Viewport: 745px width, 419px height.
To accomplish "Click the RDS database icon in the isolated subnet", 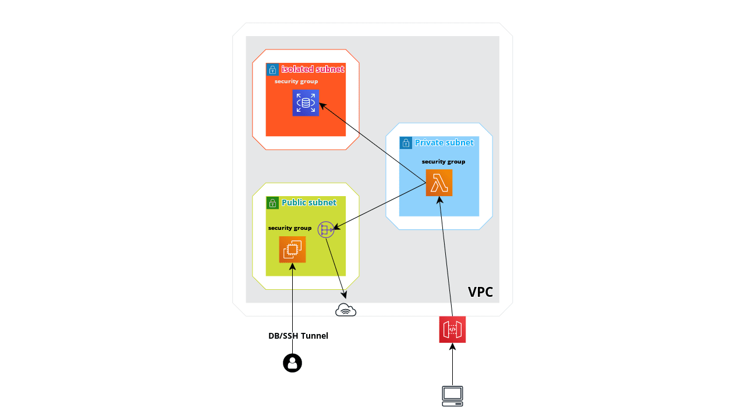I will tap(306, 103).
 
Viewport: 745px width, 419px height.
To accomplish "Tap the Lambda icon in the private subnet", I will tap(439, 183).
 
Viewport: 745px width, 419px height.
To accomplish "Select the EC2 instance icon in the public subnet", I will tap(292, 250).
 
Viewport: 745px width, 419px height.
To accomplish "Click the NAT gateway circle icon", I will tap(326, 230).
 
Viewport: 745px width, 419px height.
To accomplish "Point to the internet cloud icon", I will tap(346, 310).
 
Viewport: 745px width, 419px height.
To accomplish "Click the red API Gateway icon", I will tap(452, 329).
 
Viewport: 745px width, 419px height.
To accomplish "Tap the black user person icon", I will tap(292, 363).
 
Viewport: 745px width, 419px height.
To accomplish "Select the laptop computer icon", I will tap(452, 396).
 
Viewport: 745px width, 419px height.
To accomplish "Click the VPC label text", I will tap(480, 292).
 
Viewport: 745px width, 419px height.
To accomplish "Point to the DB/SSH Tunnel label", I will tap(298, 336).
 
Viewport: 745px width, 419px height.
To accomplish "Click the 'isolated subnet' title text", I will tap(313, 69).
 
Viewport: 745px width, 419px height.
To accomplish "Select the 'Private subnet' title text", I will tap(444, 143).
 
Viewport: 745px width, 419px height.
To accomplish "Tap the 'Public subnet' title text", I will tap(309, 203).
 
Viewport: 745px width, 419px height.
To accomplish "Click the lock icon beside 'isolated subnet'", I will tap(272, 70).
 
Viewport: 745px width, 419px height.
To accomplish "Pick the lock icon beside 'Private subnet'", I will tap(406, 143).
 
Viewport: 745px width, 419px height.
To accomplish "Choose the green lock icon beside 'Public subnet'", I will tap(272, 203).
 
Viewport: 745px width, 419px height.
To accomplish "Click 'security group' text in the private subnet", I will tap(444, 161).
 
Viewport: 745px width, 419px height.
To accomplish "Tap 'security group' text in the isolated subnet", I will tap(296, 81).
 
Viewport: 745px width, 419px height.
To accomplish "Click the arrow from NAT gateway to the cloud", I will tap(336, 265).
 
